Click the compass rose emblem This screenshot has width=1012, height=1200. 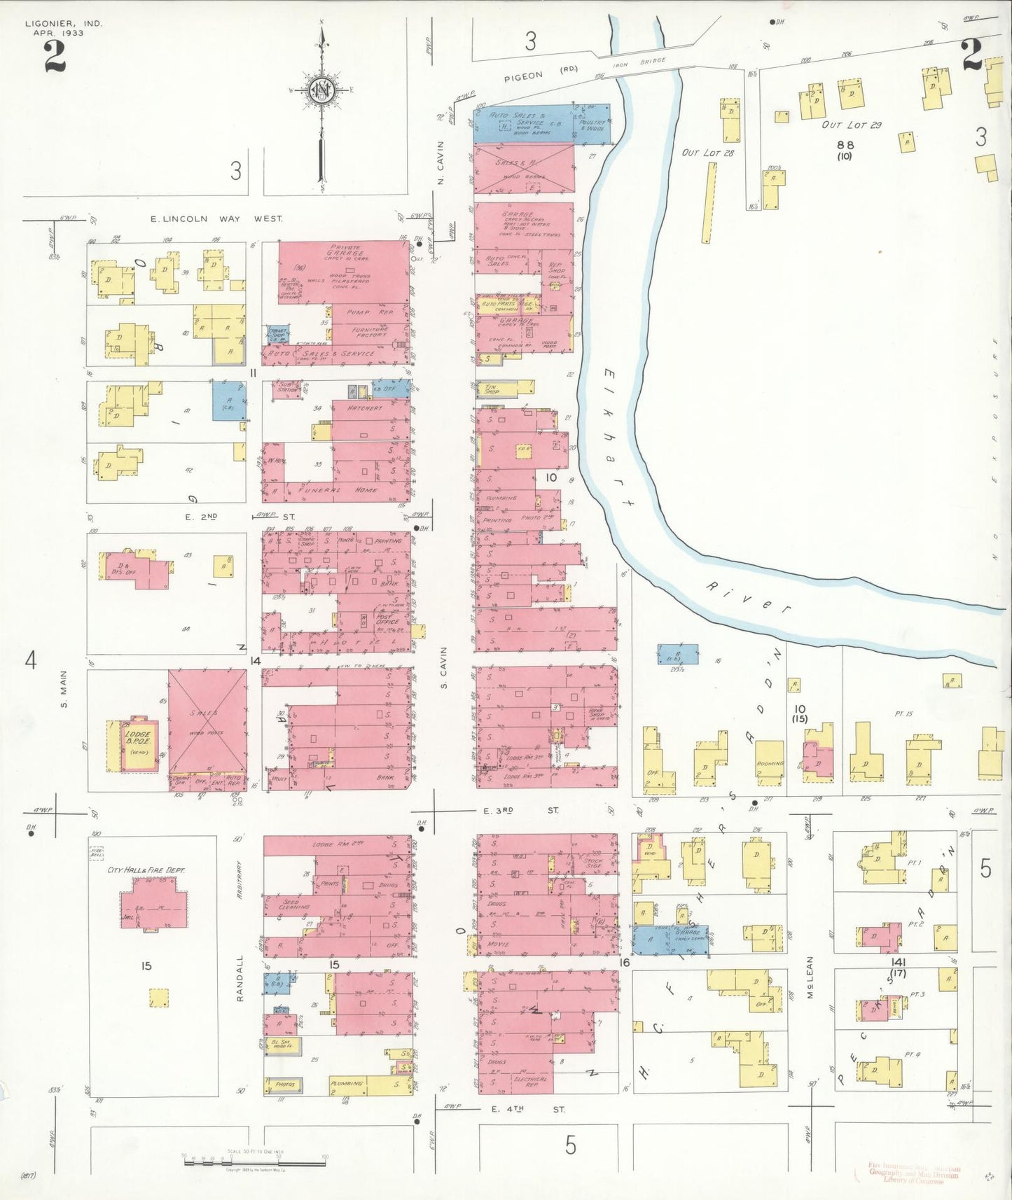(321, 92)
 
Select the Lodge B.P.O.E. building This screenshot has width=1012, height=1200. (139, 744)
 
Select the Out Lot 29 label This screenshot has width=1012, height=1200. (852, 125)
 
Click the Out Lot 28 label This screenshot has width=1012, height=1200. (708, 153)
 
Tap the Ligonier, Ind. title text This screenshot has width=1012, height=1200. (64, 24)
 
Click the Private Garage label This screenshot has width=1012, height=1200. (347, 251)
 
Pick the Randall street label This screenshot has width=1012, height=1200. (240, 978)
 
